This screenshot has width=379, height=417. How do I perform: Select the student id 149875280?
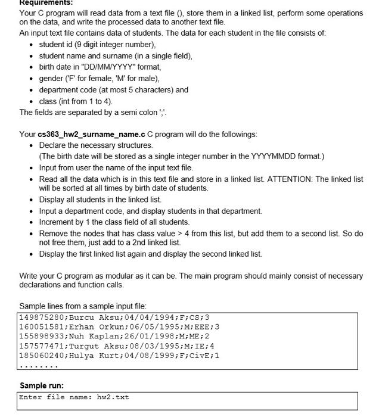click(42, 317)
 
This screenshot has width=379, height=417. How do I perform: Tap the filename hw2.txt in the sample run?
click(113, 397)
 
